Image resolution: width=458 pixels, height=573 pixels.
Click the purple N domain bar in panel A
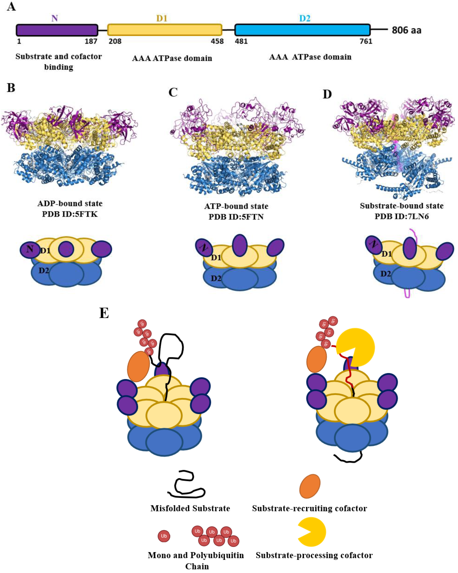[57, 30]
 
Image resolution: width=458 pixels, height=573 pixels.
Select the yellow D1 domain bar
[165, 30]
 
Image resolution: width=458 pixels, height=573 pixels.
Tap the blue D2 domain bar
[302, 30]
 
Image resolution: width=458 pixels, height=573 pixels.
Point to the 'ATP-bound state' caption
[236, 206]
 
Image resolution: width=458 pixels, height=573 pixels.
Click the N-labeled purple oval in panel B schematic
[30, 249]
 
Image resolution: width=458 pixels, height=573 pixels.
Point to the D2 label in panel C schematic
[216, 278]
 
